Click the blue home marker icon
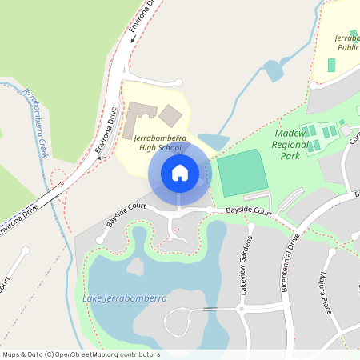coord(179,172)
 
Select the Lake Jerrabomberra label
coord(125,298)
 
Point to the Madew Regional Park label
coord(289,138)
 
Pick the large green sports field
coord(241,173)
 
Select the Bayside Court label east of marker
coord(248,212)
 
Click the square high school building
coord(170,115)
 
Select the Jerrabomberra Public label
coord(346,42)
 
